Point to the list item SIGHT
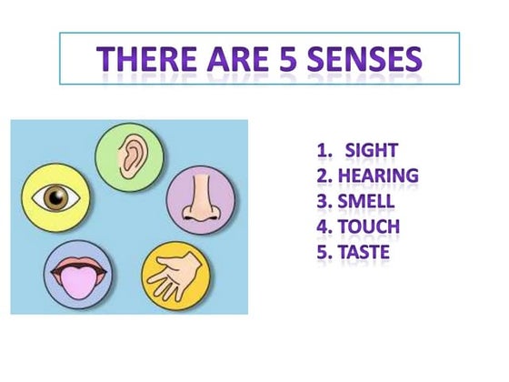pos(373,150)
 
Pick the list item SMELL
pos(372,200)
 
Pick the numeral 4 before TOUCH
pos(322,226)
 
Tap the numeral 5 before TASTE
pos(322,250)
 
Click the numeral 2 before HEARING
pos(322,175)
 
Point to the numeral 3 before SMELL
pos(322,200)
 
